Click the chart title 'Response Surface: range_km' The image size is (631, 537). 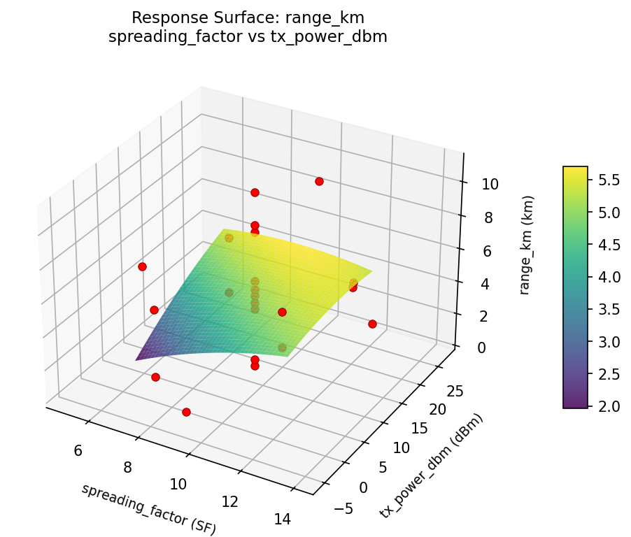click(248, 17)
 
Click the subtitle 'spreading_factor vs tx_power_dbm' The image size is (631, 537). click(248, 36)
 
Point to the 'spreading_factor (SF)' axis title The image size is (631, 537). click(148, 509)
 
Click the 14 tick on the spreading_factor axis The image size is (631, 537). click(282, 519)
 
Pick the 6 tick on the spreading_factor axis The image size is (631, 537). click(78, 450)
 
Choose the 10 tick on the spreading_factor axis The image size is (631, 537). click(178, 484)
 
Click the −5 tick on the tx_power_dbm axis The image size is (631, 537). click(343, 508)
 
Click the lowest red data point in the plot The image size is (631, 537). click(186, 412)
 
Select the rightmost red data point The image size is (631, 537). click(372, 324)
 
